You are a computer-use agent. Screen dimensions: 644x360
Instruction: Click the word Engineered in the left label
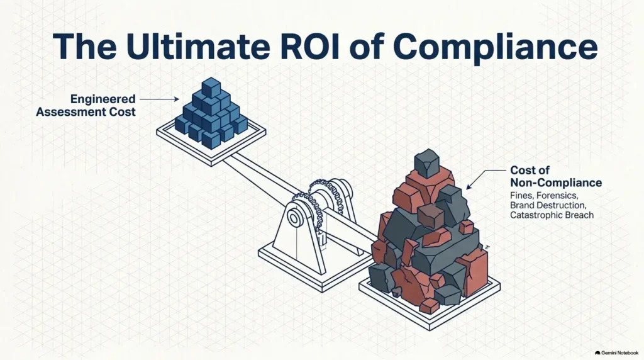[103, 99]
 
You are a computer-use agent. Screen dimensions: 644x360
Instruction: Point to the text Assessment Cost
[86, 112]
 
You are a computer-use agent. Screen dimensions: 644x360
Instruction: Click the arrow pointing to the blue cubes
[159, 99]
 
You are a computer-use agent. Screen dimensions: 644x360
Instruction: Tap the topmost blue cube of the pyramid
[211, 87]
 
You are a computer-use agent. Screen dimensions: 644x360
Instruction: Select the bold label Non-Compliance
[556, 183]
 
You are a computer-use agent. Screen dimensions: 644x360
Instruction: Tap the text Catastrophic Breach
[552, 215]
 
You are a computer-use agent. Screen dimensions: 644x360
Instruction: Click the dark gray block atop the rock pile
[427, 163]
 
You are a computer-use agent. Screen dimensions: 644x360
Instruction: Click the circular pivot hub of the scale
[294, 217]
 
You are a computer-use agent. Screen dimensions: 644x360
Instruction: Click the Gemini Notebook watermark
[616, 353]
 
